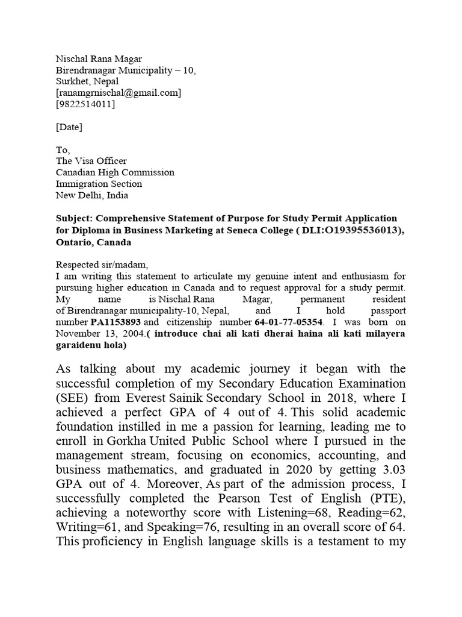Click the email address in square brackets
point(119,93)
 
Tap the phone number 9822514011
point(85,104)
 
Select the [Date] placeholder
point(69,127)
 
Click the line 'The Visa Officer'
point(91,161)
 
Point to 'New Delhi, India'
point(92,195)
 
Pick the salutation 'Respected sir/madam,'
point(102,265)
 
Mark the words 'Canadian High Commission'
point(115,172)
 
